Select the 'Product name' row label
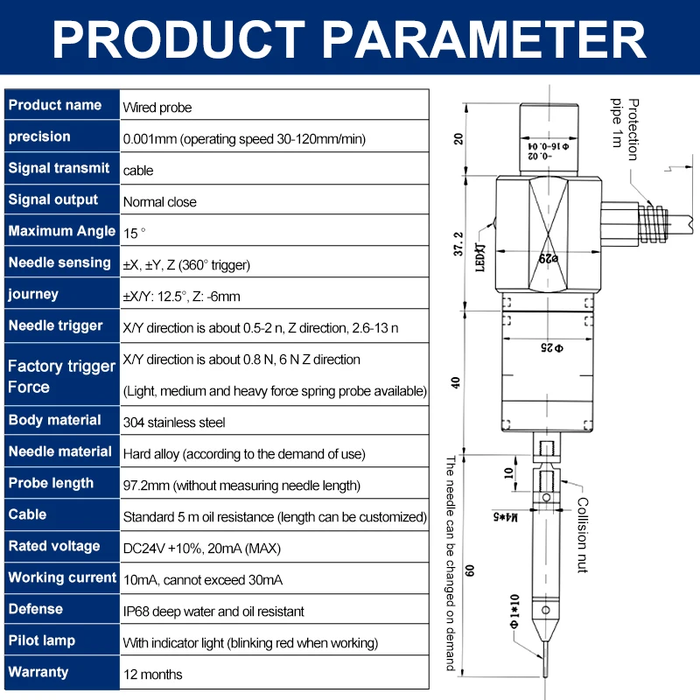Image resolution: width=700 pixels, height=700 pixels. point(55,105)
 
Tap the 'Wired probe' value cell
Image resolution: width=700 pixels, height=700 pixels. point(157,108)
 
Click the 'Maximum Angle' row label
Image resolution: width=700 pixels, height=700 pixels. point(61,231)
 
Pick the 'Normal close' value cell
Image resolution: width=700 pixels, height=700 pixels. point(160,202)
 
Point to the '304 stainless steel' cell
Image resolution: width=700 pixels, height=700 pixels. point(174,423)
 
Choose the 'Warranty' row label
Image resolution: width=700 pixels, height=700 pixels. point(38,672)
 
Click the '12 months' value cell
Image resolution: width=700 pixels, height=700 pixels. point(153,675)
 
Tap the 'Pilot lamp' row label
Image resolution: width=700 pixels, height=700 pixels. point(42,640)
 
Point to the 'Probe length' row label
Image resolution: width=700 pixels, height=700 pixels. point(51,483)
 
